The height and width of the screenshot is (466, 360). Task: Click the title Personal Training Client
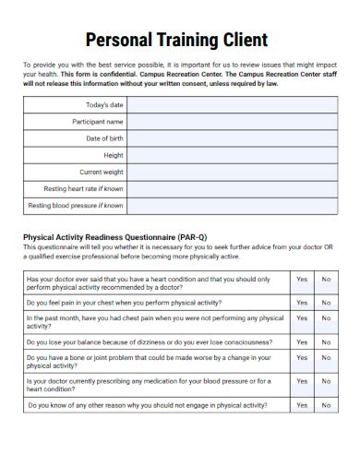[x=176, y=40]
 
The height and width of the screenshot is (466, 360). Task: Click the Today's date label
[x=103, y=105]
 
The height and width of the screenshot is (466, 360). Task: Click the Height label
[x=114, y=155]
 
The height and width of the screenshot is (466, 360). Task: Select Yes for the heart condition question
[x=301, y=278]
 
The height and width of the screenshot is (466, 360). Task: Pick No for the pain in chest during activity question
[x=326, y=303]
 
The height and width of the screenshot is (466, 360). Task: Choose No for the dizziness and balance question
[x=326, y=341]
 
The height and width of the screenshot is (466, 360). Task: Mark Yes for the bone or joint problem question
[x=301, y=361]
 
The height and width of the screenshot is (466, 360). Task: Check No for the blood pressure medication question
[x=326, y=385]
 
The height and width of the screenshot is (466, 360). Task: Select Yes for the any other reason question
[x=301, y=405]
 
